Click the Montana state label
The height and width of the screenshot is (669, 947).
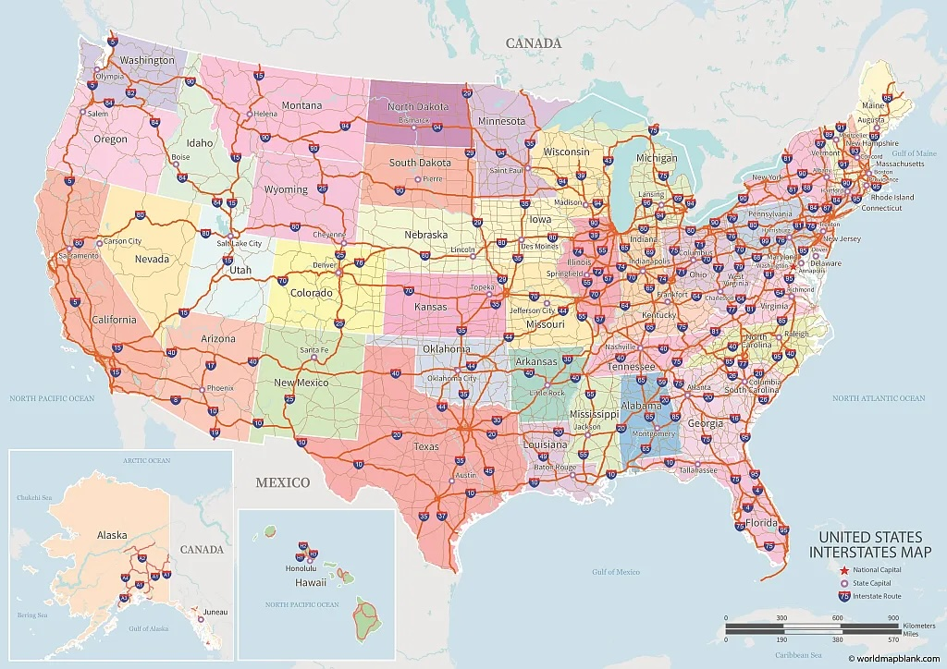(x=301, y=105)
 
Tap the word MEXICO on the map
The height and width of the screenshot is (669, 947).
(x=283, y=482)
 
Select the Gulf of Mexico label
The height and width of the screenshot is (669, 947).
(x=616, y=572)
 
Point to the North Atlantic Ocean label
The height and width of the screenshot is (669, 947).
(x=879, y=398)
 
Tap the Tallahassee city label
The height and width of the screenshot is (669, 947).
(x=698, y=469)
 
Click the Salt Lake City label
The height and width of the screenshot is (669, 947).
(x=240, y=243)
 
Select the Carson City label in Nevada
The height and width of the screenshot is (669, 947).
(x=122, y=241)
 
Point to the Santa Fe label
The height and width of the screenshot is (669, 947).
(x=314, y=351)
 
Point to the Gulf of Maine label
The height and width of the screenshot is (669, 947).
(x=916, y=153)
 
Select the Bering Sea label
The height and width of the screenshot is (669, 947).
(x=31, y=614)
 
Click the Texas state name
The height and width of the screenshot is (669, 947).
(x=426, y=446)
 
